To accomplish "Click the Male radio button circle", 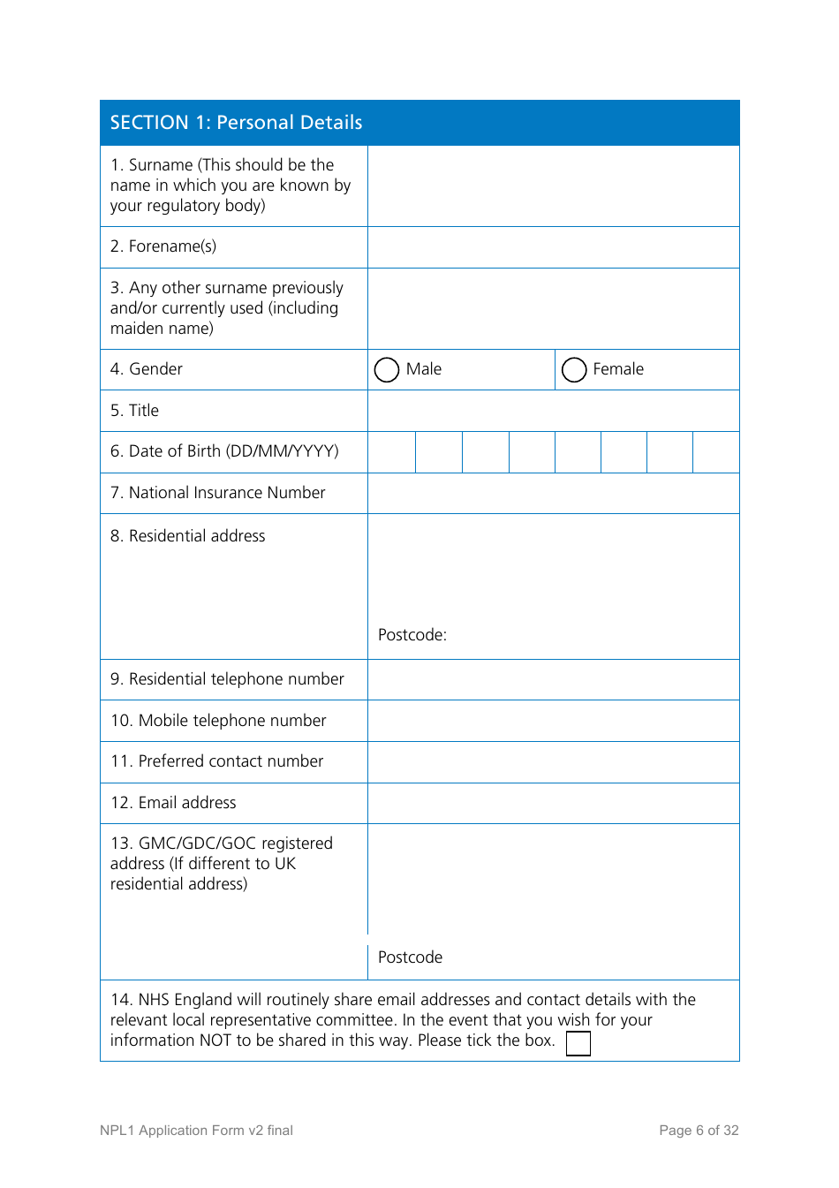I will [387, 369].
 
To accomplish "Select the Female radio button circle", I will [574, 369].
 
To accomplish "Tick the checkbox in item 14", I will [578, 1043].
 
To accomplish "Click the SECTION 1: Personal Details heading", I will [237, 123].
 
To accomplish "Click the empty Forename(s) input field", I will [553, 247].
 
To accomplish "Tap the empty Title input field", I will [553, 411].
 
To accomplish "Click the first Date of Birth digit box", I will [392, 452].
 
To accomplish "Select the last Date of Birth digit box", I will [715, 452].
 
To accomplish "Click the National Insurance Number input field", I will [553, 493].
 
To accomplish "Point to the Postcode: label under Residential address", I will [412, 635].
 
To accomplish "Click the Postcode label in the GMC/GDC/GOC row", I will [411, 957].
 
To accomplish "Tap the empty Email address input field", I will [553, 803].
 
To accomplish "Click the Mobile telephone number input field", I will [553, 721].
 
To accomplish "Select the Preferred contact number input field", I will [553, 761].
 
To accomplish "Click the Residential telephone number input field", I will [553, 679].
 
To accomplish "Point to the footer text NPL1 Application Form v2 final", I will [196, 1131].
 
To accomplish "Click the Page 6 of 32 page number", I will [699, 1131].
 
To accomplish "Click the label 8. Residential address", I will [188, 536].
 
